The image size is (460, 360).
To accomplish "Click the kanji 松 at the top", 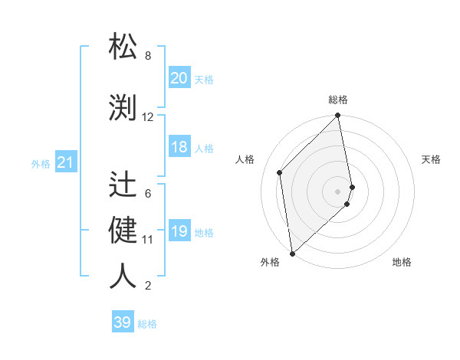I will (123, 46).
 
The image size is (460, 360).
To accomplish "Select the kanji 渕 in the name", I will (123, 106).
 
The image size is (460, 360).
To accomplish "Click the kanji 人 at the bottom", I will (123, 276).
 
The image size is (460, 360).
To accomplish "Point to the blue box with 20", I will (179, 78).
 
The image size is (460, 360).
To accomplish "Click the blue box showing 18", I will (179, 147).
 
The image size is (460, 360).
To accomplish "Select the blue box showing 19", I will (179, 231).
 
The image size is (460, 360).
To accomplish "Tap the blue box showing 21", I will (65, 162).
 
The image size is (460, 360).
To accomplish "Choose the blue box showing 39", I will (123, 322).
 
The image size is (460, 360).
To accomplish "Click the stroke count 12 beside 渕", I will (148, 117).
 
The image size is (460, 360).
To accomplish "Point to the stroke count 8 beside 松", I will (148, 56).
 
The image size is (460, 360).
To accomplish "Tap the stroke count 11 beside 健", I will (148, 240).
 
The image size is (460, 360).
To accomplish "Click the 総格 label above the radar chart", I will (338, 100).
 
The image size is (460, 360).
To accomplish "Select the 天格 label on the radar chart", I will (432, 159).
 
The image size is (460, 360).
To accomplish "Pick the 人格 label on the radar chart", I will (245, 159).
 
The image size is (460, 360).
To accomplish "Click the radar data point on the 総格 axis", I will (337, 116).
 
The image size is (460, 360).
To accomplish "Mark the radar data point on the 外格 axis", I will (292, 253).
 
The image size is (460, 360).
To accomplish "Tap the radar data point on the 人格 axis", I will (280, 172).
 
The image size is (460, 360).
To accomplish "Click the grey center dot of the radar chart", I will (338, 191).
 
